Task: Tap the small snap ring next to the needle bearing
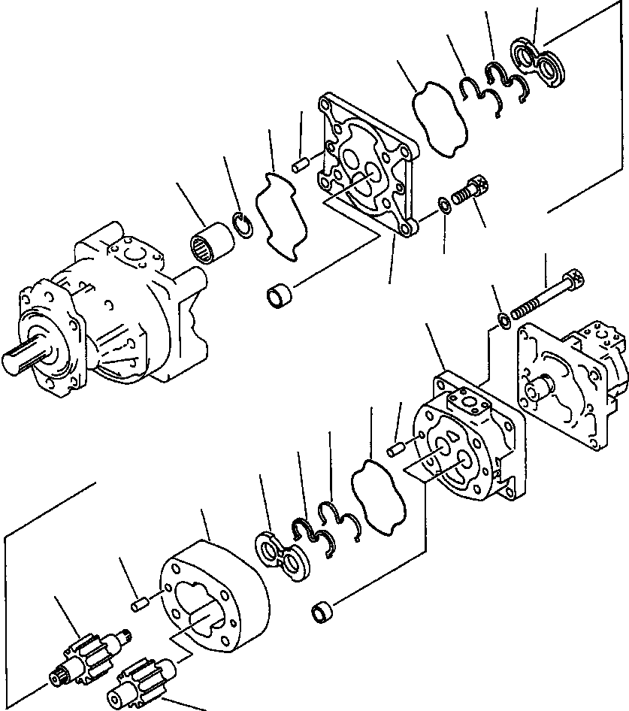[x=241, y=225]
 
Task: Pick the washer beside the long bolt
[x=504, y=321]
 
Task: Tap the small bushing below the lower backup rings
[x=322, y=613]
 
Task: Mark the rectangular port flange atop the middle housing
[x=473, y=399]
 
